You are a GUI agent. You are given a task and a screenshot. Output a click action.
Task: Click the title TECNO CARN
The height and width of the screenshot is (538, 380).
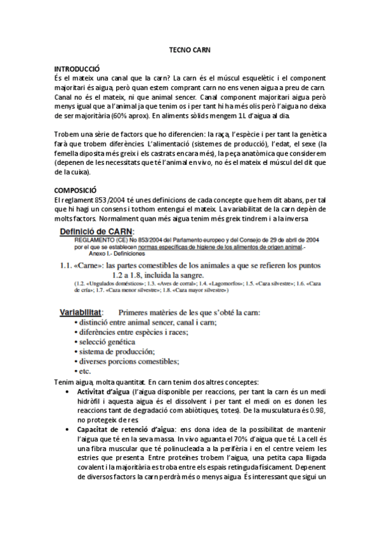click(190, 49)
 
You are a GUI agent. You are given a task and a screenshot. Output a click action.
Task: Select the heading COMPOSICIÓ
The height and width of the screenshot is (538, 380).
click(75, 190)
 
